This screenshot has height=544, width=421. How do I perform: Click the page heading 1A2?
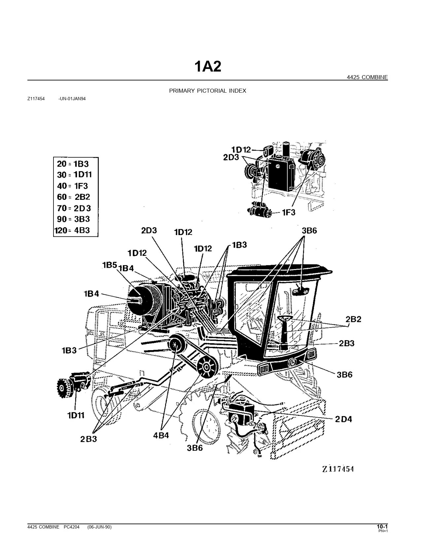click(x=207, y=67)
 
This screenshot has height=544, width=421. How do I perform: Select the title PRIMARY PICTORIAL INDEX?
click(x=207, y=91)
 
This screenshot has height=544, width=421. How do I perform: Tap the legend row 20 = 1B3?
click(x=73, y=164)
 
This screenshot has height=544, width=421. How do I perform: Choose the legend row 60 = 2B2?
click(x=73, y=197)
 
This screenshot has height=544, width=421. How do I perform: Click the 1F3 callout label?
click(x=288, y=212)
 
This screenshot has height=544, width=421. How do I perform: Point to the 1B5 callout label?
click(x=109, y=265)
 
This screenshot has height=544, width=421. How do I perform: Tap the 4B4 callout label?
click(x=161, y=436)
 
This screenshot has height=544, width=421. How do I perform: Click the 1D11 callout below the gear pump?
click(x=76, y=415)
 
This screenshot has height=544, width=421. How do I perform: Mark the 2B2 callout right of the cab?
click(x=353, y=319)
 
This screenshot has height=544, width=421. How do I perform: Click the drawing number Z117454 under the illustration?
click(x=338, y=469)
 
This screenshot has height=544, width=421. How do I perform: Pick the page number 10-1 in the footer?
click(x=382, y=527)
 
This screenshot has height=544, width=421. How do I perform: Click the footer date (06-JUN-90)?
click(x=99, y=527)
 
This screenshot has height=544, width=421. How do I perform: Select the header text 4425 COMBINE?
click(x=367, y=77)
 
